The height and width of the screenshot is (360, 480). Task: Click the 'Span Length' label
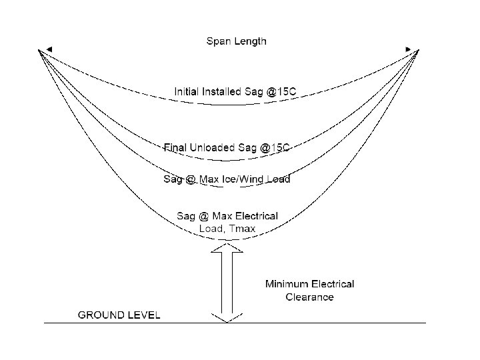[x=235, y=41]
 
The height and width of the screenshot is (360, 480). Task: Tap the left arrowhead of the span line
[x=41, y=50]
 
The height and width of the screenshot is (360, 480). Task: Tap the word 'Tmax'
[x=243, y=229]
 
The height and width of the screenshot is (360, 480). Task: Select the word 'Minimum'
[x=286, y=284]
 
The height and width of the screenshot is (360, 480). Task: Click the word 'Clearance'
[x=309, y=297]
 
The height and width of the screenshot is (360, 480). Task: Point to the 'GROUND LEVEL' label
[x=119, y=315]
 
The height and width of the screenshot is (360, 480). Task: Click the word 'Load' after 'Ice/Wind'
[x=279, y=179]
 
